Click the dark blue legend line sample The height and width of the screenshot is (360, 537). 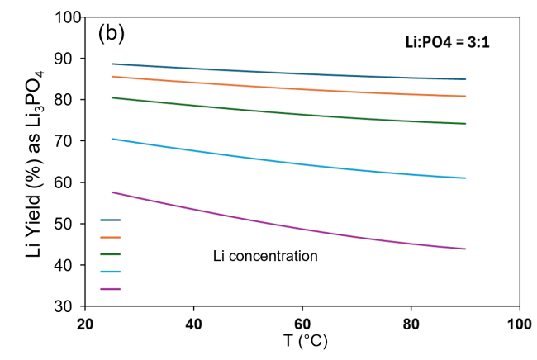111,220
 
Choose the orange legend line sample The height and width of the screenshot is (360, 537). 111,237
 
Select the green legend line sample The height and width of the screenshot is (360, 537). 111,254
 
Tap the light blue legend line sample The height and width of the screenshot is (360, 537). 111,272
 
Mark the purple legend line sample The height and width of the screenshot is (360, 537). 111,289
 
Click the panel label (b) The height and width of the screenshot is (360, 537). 111,33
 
